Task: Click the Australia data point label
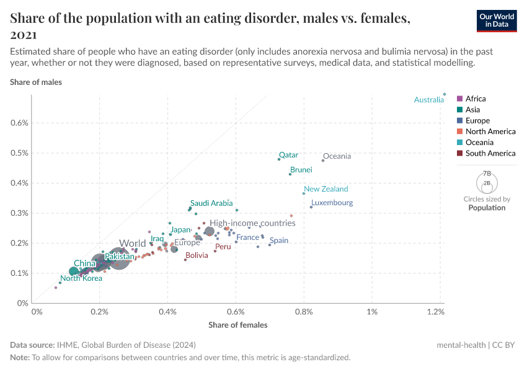coord(428,100)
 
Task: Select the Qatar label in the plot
coord(288,155)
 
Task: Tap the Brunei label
coord(301,169)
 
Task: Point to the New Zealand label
coord(325,189)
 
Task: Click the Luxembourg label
coord(332,203)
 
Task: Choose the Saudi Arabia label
coord(211,203)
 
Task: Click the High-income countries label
coord(251,223)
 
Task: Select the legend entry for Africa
coord(475,99)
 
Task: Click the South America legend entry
coord(490,153)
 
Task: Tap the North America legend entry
coord(490,131)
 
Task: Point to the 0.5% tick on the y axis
coord(20,153)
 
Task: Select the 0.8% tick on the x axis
coord(304,311)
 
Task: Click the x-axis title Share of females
coord(238,325)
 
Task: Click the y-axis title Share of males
coord(35,82)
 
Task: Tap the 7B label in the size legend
coord(486,174)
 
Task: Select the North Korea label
coord(81,278)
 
